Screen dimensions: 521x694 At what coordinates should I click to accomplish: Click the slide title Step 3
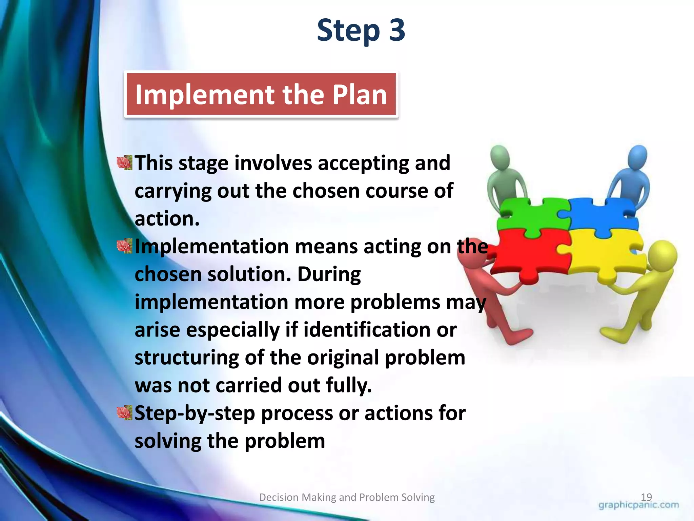361,31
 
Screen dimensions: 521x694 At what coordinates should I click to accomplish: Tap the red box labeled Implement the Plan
261,94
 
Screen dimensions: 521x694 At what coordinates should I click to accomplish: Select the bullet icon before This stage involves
124,163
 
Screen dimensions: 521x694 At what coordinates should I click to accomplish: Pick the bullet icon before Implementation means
124,246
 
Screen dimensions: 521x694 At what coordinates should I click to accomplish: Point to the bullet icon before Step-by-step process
124,413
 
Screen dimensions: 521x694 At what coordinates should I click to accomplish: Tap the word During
329,274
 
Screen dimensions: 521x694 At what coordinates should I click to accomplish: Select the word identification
367,330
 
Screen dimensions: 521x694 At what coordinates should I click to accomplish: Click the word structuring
187,358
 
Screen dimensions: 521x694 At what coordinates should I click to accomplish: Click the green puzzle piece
530,215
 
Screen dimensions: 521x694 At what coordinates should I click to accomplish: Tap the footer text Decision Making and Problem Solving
347,497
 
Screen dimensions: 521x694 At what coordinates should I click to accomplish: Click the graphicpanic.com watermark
639,505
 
